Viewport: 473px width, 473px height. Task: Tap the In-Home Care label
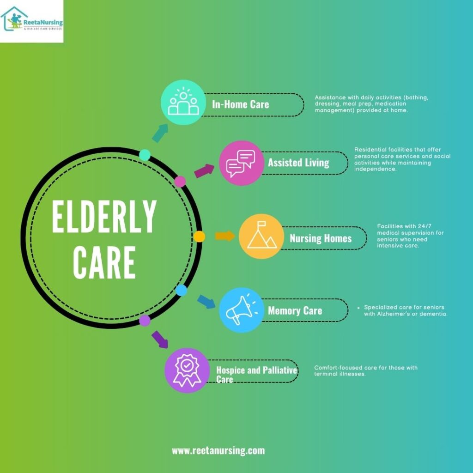240,104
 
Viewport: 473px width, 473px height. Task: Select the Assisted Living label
298,163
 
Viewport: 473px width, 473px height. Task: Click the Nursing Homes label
321,238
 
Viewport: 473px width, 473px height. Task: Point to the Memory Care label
295,310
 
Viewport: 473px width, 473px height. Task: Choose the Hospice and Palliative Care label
256,374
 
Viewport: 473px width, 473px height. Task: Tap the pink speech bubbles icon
241,163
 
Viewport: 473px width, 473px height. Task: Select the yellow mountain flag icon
261,236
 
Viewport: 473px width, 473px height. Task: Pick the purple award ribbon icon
187,370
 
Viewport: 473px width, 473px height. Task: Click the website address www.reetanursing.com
218,450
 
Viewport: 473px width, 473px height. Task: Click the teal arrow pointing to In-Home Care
159,133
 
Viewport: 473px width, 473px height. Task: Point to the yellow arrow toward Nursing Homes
225,236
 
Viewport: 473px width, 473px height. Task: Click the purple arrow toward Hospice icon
159,339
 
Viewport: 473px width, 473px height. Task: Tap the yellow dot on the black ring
199,236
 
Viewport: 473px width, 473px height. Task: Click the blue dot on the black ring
182,291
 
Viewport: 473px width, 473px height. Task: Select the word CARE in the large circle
104,261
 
